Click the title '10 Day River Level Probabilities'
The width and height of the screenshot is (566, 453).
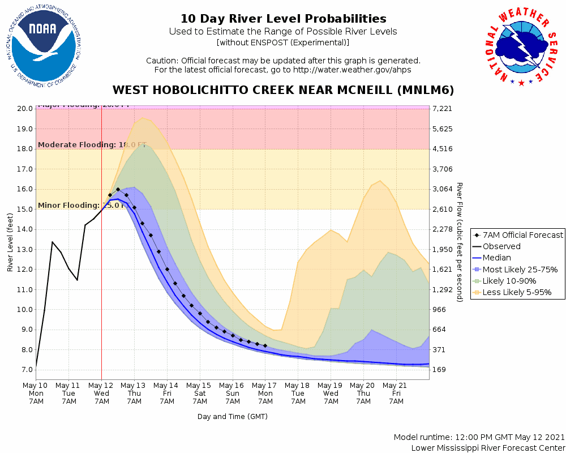tap(283, 19)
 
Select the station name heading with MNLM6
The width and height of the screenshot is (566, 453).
tap(283, 91)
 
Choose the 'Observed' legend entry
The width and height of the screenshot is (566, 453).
tap(501, 246)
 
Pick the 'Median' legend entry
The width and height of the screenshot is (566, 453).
tap(496, 258)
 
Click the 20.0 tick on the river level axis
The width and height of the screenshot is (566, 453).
tap(25, 109)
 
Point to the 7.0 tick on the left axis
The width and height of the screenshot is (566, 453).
tap(27, 370)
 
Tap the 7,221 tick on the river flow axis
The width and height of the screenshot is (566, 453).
tap(441, 109)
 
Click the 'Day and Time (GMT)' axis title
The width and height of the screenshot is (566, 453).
tap(232, 417)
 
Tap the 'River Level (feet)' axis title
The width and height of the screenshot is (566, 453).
tap(10, 242)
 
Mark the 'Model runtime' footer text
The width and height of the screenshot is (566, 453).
tap(479, 437)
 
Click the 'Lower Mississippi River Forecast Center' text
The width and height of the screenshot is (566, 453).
tap(488, 448)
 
